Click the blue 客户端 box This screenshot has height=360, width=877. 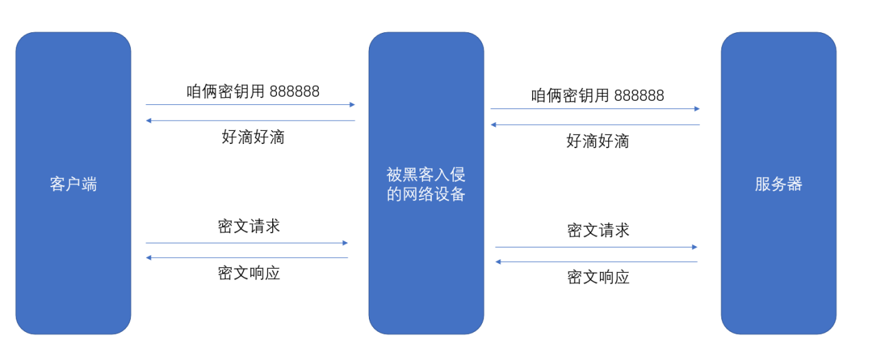(x=73, y=261)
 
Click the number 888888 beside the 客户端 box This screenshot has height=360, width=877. (x=294, y=91)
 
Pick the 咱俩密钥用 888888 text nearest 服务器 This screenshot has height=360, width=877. (x=597, y=95)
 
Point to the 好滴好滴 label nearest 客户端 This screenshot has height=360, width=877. (x=253, y=136)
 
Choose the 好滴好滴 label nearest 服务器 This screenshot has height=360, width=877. (x=597, y=141)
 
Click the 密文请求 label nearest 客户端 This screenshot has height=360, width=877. (x=249, y=226)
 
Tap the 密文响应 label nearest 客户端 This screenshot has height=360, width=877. (x=249, y=273)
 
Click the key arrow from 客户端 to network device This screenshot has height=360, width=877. (x=250, y=105)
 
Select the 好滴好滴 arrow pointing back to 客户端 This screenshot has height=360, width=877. (x=250, y=121)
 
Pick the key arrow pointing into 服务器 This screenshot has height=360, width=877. (x=594, y=109)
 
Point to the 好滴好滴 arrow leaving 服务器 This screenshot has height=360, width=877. (x=594, y=125)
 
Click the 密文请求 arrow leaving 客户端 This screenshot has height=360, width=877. (x=247, y=243)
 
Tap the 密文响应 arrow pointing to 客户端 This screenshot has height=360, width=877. (x=247, y=258)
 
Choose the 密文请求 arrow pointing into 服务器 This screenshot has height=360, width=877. (x=596, y=247)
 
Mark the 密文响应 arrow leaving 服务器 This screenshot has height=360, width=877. (x=596, y=262)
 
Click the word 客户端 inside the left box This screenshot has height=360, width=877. (x=73, y=184)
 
